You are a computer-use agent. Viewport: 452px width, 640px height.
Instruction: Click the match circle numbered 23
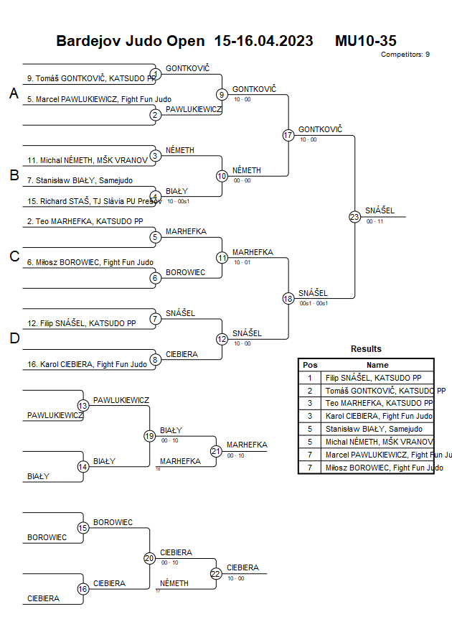tap(354, 217)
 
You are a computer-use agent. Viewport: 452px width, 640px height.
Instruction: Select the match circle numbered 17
tap(288, 135)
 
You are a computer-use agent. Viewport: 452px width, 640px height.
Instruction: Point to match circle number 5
tap(155, 237)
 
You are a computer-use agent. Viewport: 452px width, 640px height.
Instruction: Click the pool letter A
tap(14, 94)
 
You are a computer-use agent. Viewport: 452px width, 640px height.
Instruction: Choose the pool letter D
tap(14, 338)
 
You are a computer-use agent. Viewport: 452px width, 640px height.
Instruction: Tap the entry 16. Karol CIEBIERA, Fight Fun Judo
tap(87, 364)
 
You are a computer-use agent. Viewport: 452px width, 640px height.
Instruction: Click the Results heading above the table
tap(366, 349)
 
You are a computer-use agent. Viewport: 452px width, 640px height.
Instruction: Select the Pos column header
tap(310, 365)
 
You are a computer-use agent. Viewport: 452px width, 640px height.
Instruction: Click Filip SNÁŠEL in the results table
tap(373, 378)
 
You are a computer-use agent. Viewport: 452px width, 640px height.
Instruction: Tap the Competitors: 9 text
tap(405, 55)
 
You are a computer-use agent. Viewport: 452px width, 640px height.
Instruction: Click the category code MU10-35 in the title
tap(366, 41)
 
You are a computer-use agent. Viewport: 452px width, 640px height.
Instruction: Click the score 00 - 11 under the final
tap(375, 222)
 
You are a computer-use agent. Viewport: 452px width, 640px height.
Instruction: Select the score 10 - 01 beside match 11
tap(242, 262)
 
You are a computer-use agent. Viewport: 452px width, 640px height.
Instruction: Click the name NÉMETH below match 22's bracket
tap(174, 583)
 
